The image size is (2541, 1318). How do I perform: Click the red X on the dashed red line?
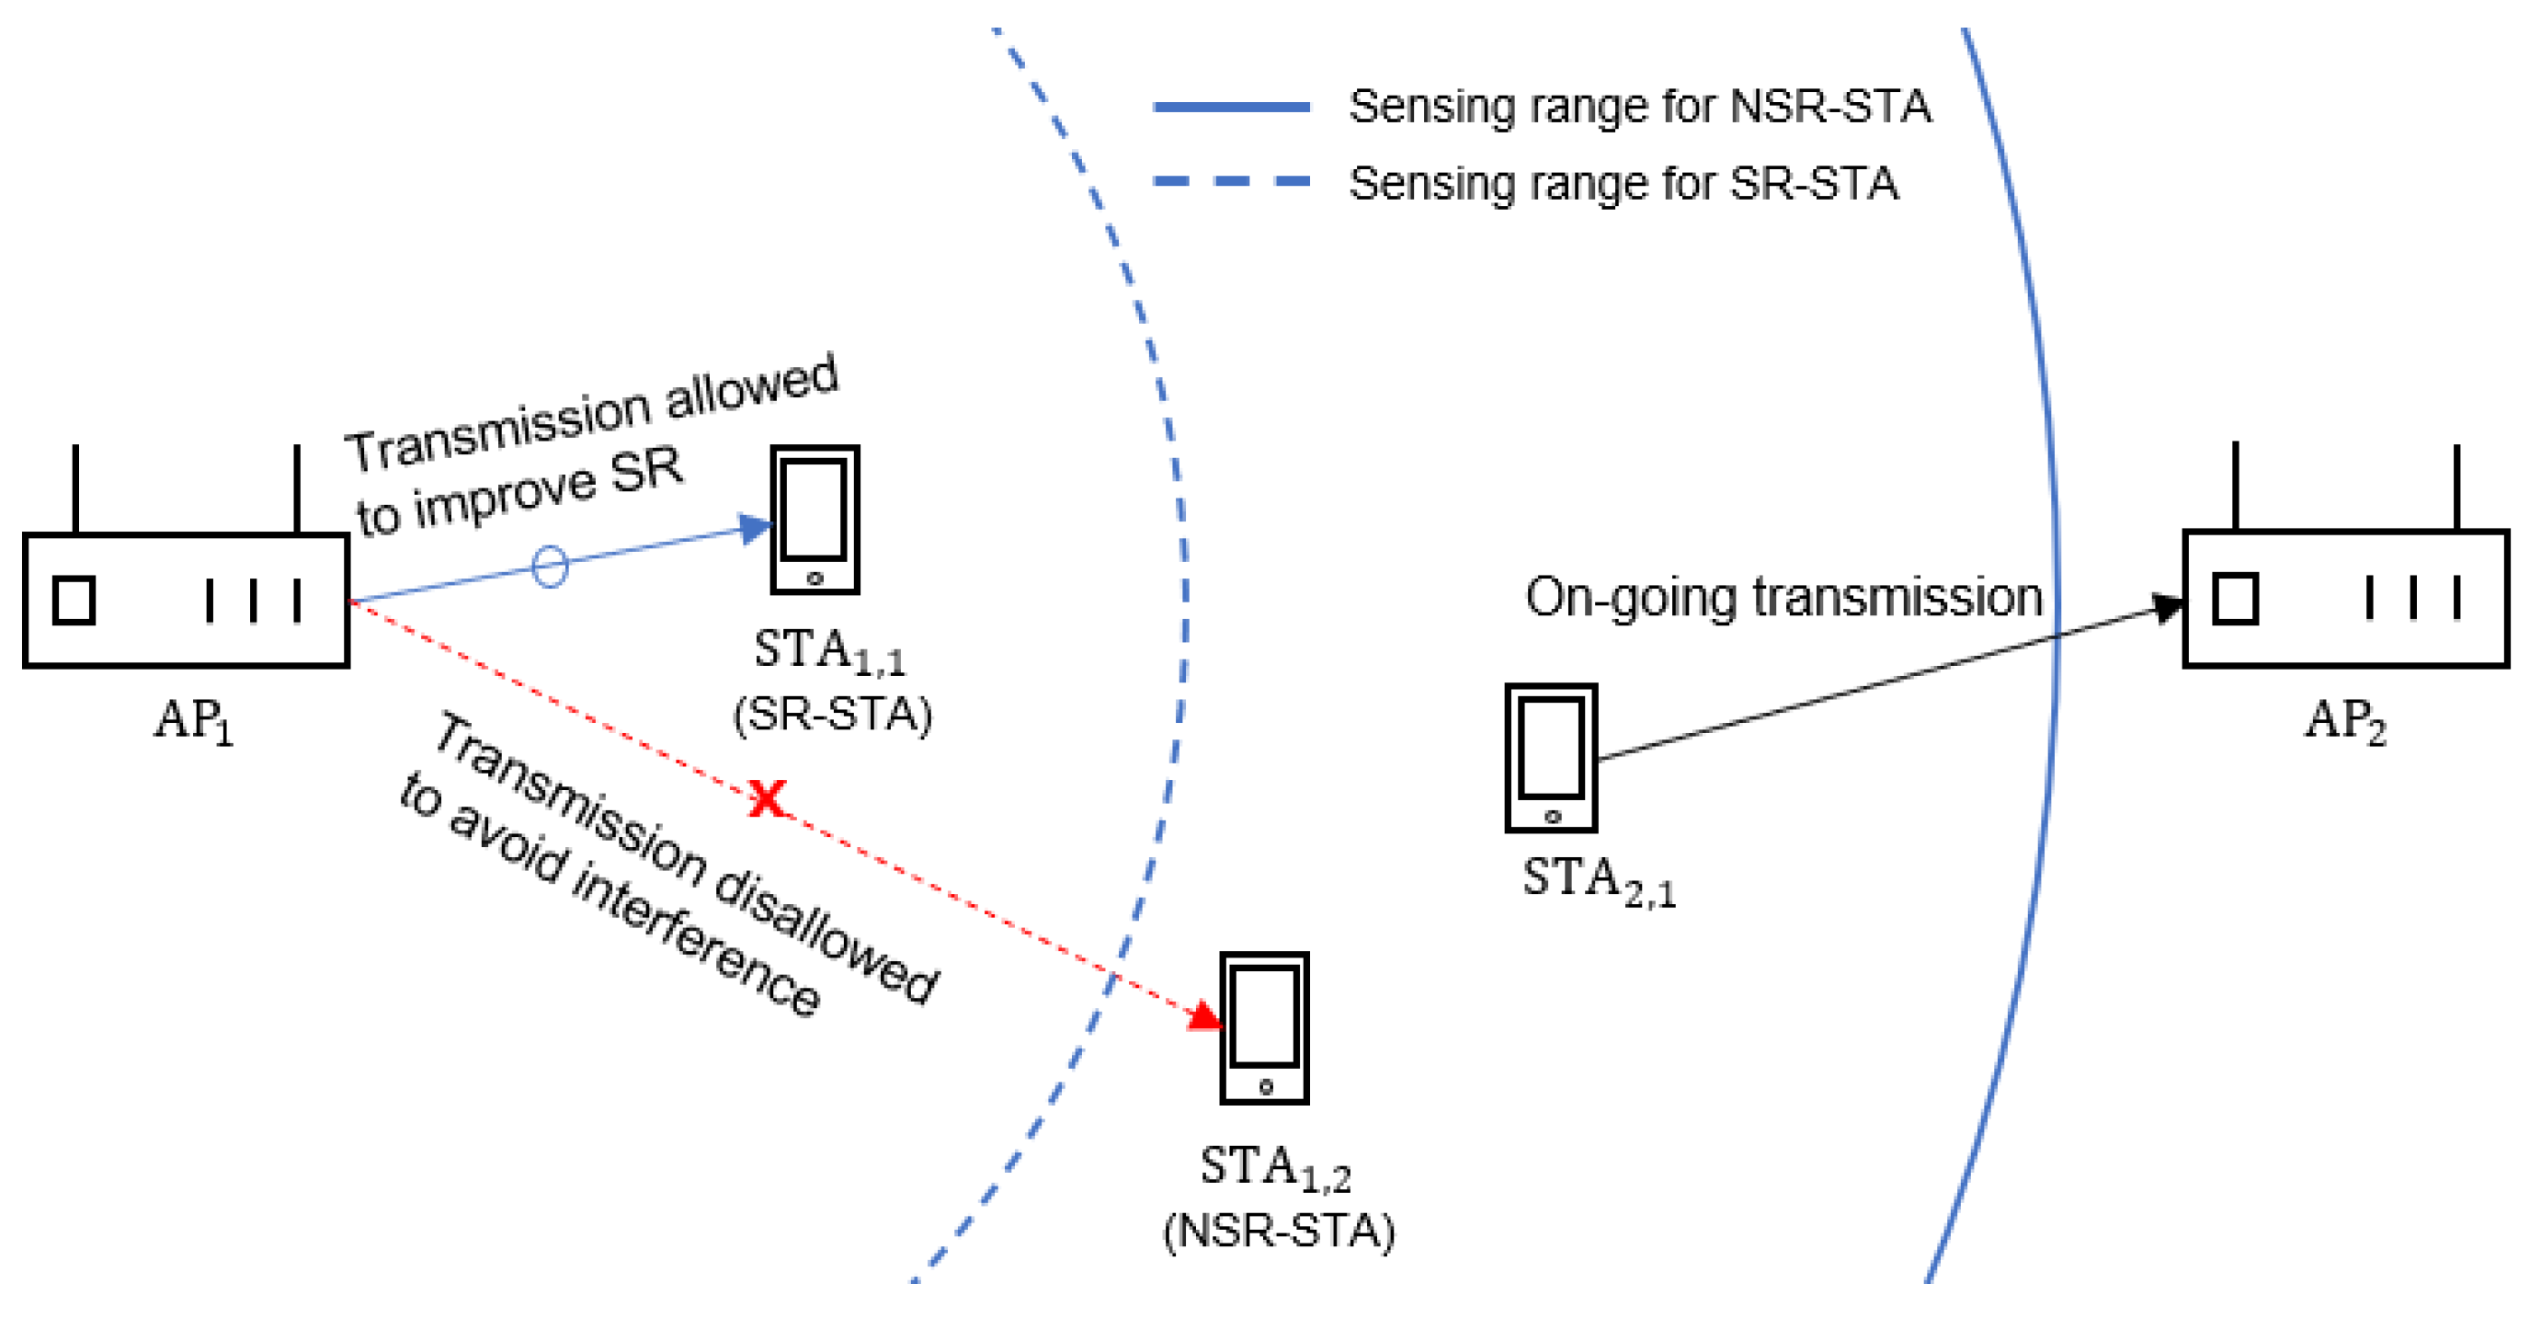[x=768, y=797]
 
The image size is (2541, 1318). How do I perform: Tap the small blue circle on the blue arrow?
[x=550, y=567]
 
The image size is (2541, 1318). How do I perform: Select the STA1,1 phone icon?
[x=814, y=519]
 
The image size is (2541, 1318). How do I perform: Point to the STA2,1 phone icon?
[x=1551, y=758]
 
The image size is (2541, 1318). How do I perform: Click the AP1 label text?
[x=193, y=720]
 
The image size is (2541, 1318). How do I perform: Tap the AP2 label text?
[x=2343, y=720]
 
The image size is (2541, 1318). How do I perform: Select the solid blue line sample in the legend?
[x=1231, y=107]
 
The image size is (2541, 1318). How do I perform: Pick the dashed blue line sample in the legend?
[x=1231, y=181]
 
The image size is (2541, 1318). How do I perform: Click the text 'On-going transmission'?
[x=1783, y=598]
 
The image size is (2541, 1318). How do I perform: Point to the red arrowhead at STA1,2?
[x=1205, y=1015]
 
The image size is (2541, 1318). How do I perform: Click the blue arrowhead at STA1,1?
[x=755, y=529]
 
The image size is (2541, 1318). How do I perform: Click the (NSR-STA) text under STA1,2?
[x=1279, y=1231]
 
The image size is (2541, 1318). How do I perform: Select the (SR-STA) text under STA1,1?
[x=832, y=715]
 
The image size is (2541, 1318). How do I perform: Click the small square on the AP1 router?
[x=74, y=600]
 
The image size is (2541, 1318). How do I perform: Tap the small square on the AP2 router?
[x=2234, y=599]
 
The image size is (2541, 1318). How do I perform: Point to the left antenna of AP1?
[x=76, y=489]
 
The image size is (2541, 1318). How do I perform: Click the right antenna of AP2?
[x=2456, y=487]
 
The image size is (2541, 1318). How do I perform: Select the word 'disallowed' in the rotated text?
[x=826, y=938]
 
